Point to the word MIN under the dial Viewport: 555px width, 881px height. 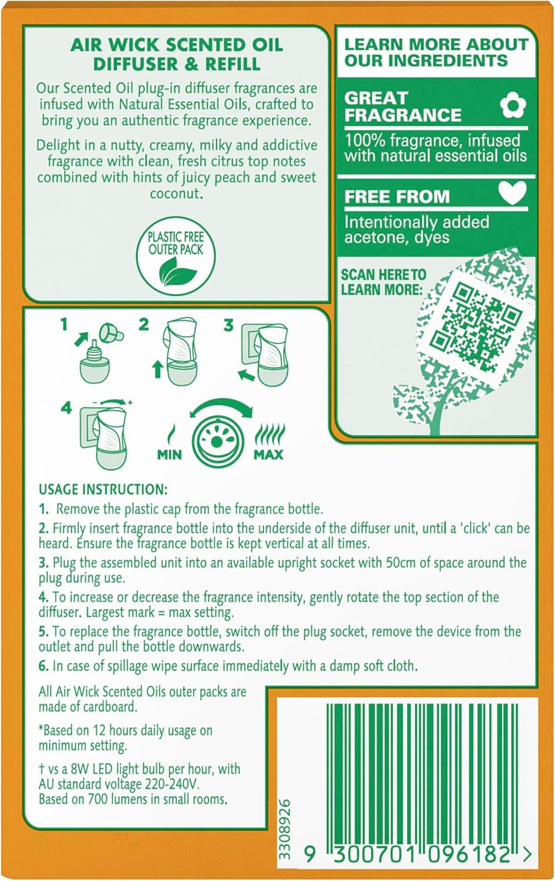point(170,455)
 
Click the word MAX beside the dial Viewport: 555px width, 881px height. point(268,455)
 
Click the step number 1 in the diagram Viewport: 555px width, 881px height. point(63,325)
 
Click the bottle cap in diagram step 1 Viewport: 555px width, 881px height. point(112,333)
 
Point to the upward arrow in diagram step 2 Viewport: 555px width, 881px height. point(158,369)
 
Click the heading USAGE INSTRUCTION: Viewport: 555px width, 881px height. point(103,490)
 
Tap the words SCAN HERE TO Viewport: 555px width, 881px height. point(384,274)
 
